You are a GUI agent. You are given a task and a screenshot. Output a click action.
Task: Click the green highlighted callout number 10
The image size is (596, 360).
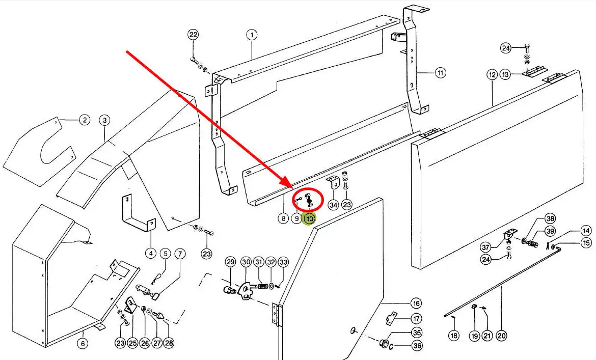click(x=309, y=219)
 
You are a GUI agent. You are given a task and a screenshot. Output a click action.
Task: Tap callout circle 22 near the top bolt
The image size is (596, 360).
click(x=193, y=35)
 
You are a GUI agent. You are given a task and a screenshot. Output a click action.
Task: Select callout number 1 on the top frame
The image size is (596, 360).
click(x=252, y=35)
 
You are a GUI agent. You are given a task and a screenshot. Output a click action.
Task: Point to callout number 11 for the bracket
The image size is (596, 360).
click(x=440, y=73)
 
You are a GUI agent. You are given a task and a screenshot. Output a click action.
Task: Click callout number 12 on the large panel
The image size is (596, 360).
click(x=492, y=75)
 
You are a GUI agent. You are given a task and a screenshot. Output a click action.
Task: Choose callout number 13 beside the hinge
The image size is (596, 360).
click(x=505, y=75)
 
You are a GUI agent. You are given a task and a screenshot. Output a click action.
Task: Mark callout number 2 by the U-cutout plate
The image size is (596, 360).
click(x=84, y=120)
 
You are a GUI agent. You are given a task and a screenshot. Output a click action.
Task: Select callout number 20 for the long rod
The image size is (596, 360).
click(x=501, y=336)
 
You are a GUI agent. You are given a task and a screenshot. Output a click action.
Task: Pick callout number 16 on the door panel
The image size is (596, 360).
click(x=416, y=303)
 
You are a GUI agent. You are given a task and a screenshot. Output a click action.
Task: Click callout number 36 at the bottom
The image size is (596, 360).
click(x=417, y=346)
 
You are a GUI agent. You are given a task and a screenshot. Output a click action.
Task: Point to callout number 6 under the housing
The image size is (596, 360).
click(x=83, y=344)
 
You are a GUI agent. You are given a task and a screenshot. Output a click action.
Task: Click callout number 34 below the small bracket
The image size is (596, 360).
click(x=333, y=205)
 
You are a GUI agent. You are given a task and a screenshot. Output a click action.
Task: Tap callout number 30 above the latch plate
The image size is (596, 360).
click(x=246, y=262)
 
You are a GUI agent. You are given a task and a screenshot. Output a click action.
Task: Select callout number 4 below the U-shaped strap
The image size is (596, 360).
click(x=150, y=253)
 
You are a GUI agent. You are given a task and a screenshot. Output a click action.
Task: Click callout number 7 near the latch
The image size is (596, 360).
click(x=179, y=253)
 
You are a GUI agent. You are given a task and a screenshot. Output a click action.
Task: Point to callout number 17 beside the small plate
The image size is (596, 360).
click(x=416, y=319)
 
